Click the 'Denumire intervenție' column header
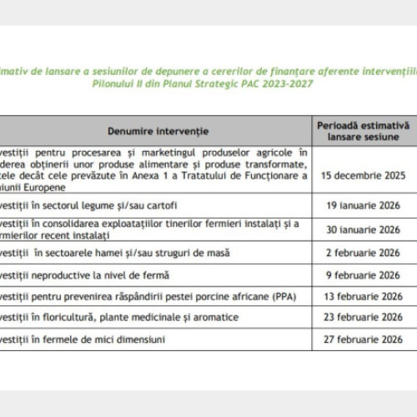158,130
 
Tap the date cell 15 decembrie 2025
364,176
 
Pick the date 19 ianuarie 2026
364,204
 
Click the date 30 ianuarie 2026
364,229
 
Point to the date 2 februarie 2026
364,253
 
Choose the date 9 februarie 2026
364,274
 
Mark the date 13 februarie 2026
364,296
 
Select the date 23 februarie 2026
364,317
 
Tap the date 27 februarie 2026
364,339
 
